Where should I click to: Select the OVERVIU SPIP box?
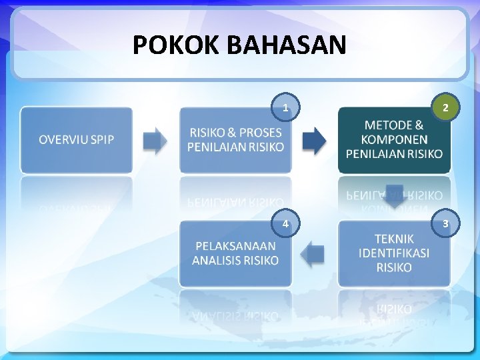(76, 140)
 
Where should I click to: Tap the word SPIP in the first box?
(99, 140)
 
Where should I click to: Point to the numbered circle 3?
(445, 224)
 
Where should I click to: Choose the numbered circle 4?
(285, 224)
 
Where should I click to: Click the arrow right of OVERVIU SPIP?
(155, 141)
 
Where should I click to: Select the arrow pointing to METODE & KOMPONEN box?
(314, 141)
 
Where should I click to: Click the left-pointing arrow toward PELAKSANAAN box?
(313, 253)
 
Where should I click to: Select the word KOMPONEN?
(394, 139)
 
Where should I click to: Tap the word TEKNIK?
(394, 239)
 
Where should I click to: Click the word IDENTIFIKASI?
(394, 253)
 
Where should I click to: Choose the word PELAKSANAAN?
(235, 246)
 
